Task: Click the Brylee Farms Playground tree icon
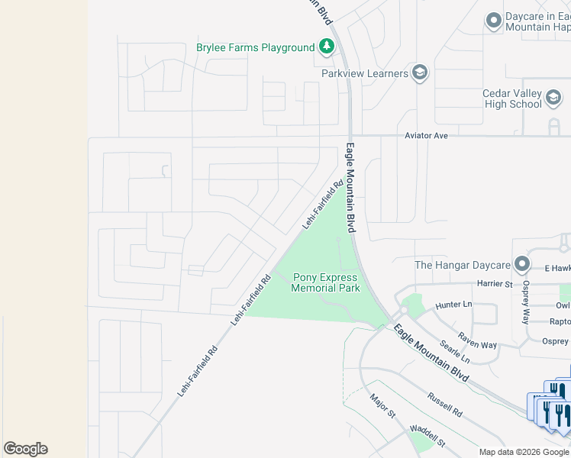(327, 47)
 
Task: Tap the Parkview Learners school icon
(419, 73)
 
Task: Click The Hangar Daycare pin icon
(522, 265)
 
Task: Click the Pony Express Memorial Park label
(325, 283)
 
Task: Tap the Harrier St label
(495, 284)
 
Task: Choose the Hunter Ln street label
(454, 305)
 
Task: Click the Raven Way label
(477, 340)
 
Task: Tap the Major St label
(382, 405)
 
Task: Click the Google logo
(25, 449)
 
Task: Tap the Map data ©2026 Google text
(524, 452)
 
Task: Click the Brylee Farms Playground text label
(255, 47)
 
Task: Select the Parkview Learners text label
(365, 73)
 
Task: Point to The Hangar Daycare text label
(462, 265)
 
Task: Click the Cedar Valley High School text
(511, 98)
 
